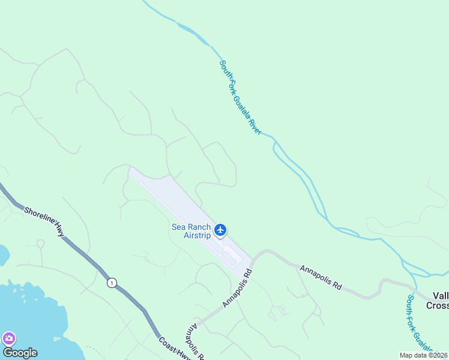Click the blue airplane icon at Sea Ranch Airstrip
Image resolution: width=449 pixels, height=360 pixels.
220,230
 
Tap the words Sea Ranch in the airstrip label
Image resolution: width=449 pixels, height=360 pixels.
191,227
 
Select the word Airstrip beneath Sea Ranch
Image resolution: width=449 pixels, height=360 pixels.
197,235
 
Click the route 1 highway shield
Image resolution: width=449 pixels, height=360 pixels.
111,283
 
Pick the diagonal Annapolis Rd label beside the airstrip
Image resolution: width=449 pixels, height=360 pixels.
238,289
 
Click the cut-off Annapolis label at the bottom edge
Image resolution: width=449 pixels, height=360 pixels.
196,340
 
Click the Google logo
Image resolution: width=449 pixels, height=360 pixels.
20,353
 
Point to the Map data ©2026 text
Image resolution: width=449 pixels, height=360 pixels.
424,355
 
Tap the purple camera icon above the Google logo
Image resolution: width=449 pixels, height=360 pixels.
8,338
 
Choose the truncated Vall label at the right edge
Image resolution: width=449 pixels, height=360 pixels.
440,295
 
